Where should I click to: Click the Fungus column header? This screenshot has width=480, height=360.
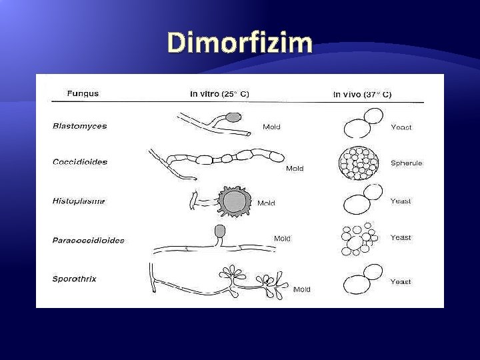coord(83,93)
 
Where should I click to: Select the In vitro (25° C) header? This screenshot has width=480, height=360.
coord(219,94)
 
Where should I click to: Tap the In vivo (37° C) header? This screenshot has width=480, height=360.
coord(362,94)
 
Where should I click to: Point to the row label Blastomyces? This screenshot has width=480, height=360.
coord(79,126)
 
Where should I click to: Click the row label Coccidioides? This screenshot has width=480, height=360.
coord(79,161)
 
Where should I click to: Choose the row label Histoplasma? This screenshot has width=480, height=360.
coord(79,201)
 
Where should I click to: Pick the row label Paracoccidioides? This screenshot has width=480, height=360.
coord(88,240)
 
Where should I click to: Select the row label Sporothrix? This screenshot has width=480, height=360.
coord(74,279)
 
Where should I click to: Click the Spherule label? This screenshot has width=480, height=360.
coord(406,163)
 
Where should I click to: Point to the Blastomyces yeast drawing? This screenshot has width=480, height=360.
coord(362,126)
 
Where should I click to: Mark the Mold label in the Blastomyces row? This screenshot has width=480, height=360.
coord(271,126)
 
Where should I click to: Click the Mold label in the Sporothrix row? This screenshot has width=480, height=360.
coord(301,289)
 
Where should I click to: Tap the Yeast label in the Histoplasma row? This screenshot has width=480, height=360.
coord(401,200)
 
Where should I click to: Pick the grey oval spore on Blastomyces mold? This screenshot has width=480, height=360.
coord(233,117)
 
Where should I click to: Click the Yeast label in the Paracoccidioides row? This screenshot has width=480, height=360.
coord(401,237)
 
